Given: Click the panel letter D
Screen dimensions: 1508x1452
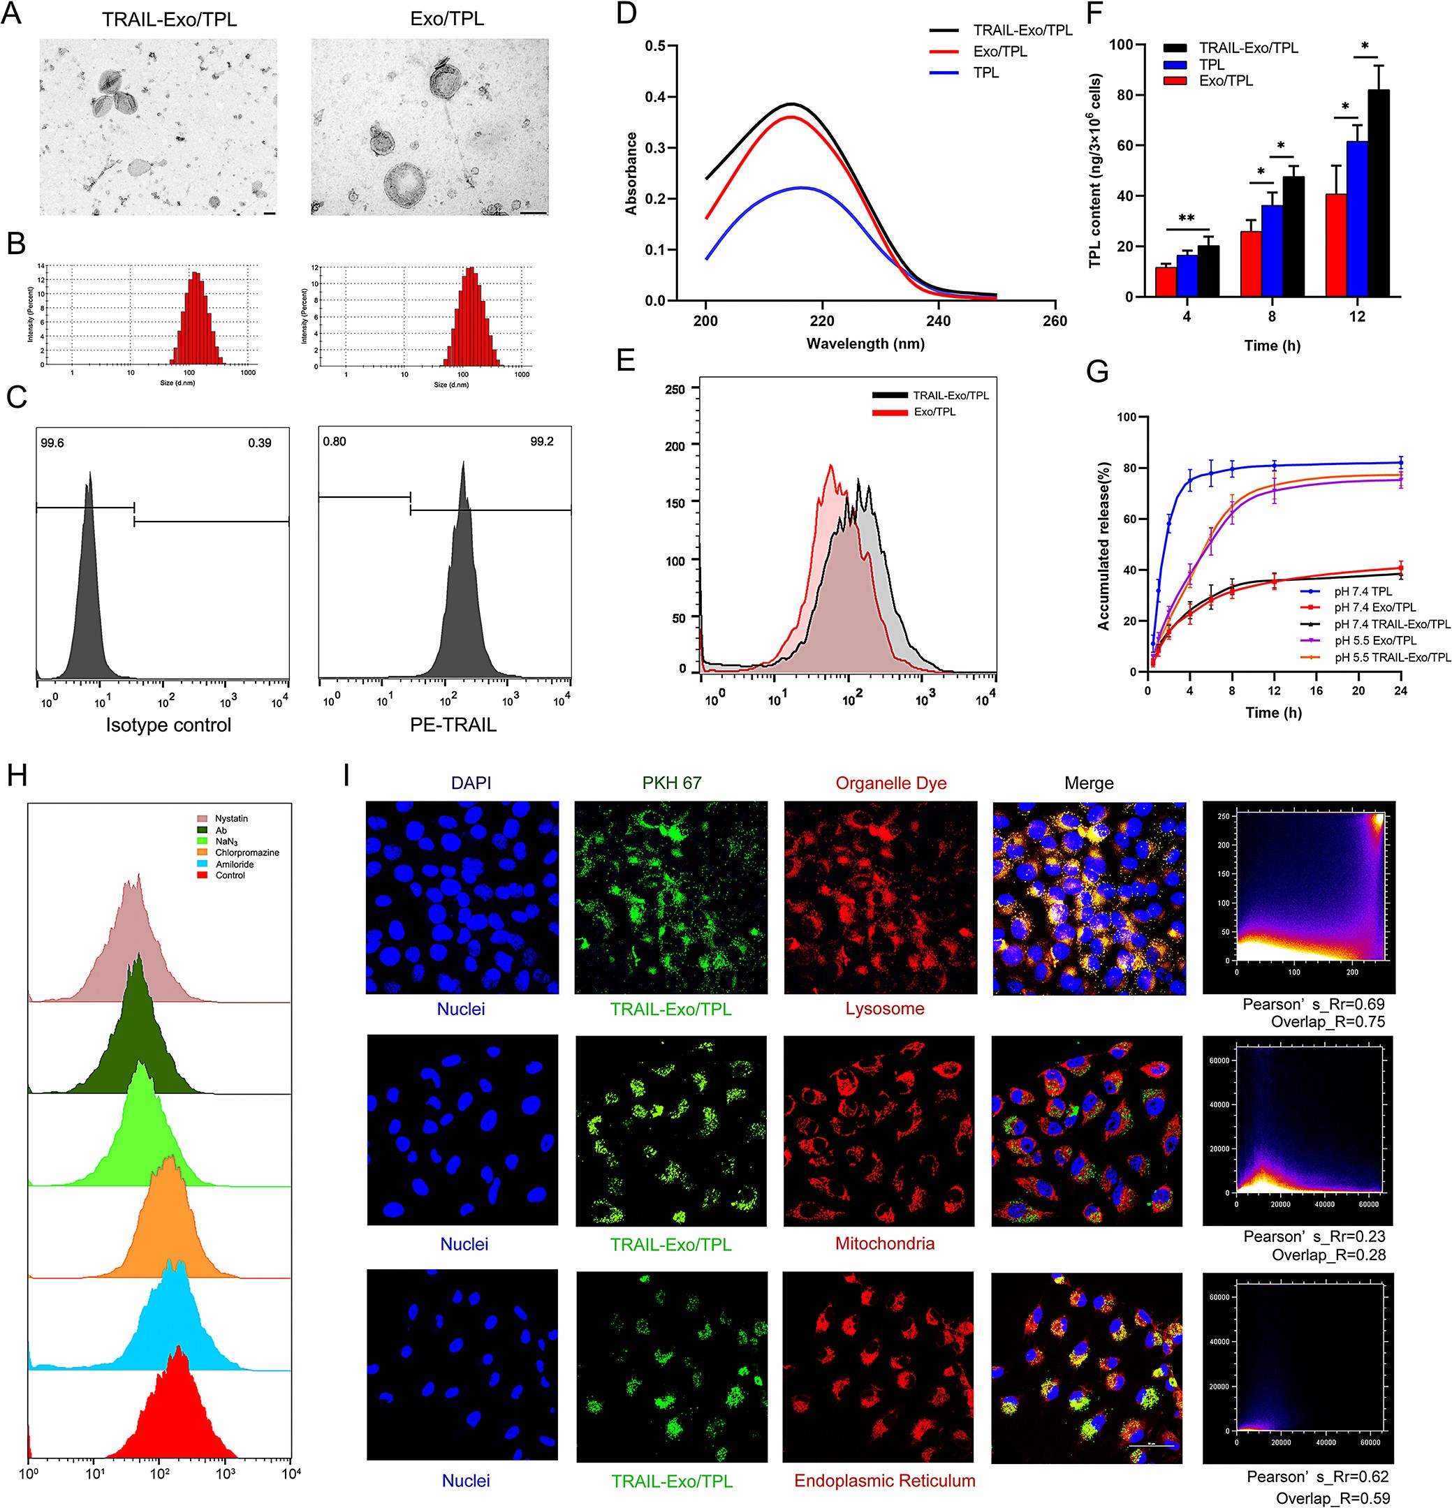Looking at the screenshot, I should (626, 13).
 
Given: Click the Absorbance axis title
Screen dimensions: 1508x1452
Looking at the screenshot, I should (631, 173).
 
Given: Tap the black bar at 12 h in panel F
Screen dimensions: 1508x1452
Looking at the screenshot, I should (1378, 193).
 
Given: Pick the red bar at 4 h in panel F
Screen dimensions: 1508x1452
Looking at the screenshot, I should (1166, 281).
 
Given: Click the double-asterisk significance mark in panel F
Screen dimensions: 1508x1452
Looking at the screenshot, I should (1187, 219).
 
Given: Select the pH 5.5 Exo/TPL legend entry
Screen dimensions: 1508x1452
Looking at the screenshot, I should (1375, 640).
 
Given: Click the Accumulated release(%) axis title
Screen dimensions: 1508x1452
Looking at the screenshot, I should (1104, 546).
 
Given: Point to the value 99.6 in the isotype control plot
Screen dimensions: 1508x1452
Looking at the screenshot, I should (52, 443).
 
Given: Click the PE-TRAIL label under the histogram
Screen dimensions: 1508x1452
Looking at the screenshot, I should (453, 725).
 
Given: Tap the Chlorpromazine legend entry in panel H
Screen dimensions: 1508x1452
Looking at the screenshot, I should (247, 852).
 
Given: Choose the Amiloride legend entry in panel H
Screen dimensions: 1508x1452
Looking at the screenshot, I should (234, 864).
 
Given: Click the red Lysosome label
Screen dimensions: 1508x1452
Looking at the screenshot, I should (885, 1009).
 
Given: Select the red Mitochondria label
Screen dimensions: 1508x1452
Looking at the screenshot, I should (885, 1243).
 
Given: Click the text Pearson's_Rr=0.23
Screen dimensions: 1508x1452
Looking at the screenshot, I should (1314, 1236).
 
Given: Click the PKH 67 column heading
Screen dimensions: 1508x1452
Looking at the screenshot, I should (671, 783).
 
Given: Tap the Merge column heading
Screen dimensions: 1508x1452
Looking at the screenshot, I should (1089, 783).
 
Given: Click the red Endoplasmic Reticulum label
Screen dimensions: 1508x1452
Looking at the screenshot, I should (885, 1481).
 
